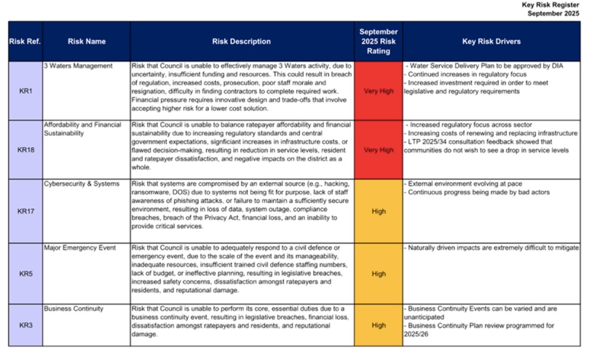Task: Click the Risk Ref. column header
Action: [25, 41]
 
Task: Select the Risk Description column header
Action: [242, 41]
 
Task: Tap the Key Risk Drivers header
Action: [491, 41]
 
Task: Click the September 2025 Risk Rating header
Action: [378, 41]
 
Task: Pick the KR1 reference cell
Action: [26, 91]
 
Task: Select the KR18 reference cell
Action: [26, 149]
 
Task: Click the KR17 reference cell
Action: [26, 211]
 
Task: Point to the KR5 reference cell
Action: [26, 274]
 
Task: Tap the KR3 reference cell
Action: [26, 325]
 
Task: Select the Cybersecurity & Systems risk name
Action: [81, 183]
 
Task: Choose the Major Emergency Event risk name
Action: [80, 248]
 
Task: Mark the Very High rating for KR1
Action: [378, 91]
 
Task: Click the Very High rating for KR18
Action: [378, 149]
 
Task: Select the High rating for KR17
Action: [378, 211]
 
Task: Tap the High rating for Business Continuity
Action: [378, 325]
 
